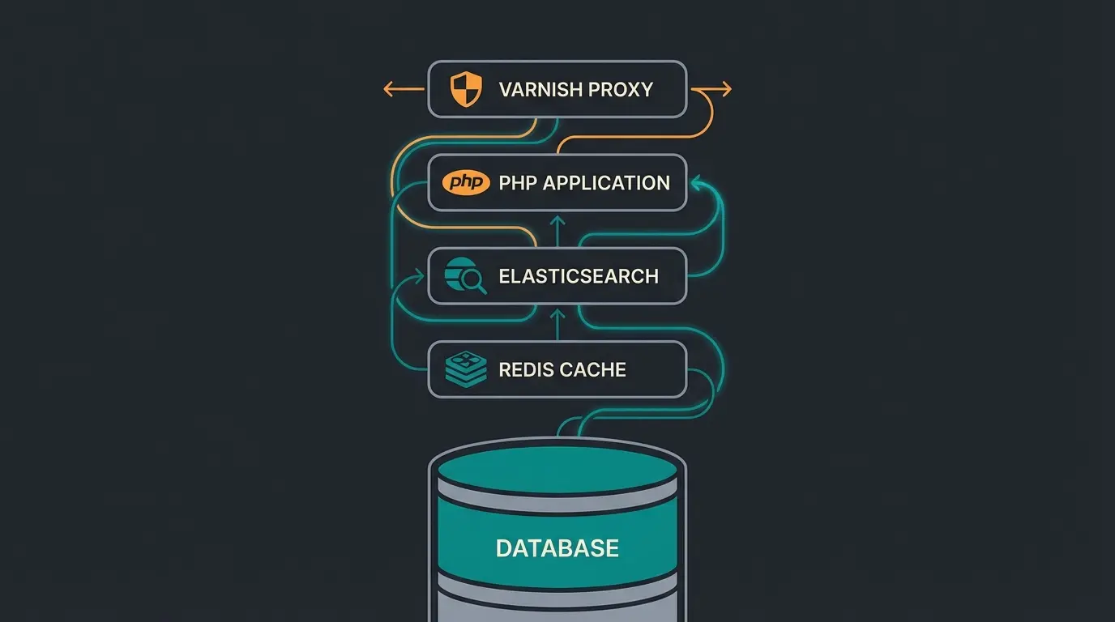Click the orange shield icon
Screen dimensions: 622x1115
point(466,88)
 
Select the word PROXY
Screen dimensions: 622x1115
point(621,89)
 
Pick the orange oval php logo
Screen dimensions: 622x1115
point(466,182)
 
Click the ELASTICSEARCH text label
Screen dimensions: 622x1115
point(578,276)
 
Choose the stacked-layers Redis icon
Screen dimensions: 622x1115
point(466,369)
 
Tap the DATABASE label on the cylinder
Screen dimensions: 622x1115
point(557,548)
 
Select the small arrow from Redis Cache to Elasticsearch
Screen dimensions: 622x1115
point(557,322)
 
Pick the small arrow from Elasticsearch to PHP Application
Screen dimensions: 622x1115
point(557,229)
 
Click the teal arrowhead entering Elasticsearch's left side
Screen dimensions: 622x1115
point(420,277)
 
